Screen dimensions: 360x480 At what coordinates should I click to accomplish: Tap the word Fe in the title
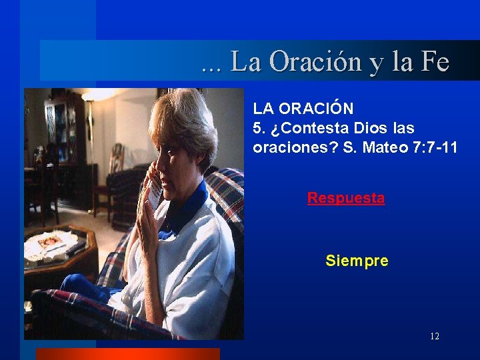[435, 62]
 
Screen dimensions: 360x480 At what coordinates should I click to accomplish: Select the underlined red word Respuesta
[345, 198]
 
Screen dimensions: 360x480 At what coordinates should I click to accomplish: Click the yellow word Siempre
[357, 261]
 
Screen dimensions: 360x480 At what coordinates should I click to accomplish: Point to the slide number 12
[435, 336]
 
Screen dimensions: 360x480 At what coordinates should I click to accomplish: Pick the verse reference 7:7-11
[435, 147]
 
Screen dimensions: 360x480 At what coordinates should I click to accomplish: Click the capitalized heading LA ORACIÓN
[303, 108]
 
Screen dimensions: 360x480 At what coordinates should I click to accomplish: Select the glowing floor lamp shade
[100, 95]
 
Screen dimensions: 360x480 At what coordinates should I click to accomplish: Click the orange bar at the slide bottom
[127, 354]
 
